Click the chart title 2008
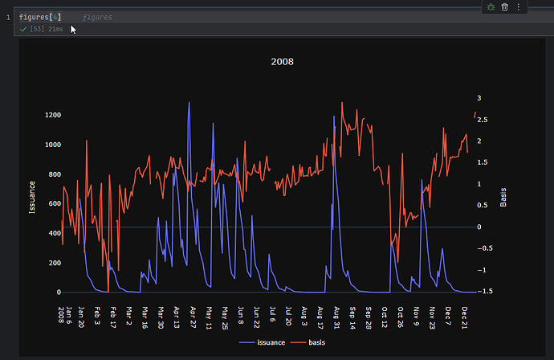[x=282, y=61]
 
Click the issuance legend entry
[x=266, y=342]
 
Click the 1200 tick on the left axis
[x=52, y=115]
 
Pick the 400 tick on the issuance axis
[x=55, y=233]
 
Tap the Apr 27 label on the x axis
[x=192, y=313]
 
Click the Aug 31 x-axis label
[x=336, y=313]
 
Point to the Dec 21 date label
[x=464, y=313]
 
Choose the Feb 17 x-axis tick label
[x=112, y=313]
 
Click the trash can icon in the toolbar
[x=505, y=7]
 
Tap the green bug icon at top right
[x=491, y=7]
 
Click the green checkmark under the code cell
[x=23, y=29]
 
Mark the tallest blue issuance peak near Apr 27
[x=189, y=103]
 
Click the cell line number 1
[x=7, y=17]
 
